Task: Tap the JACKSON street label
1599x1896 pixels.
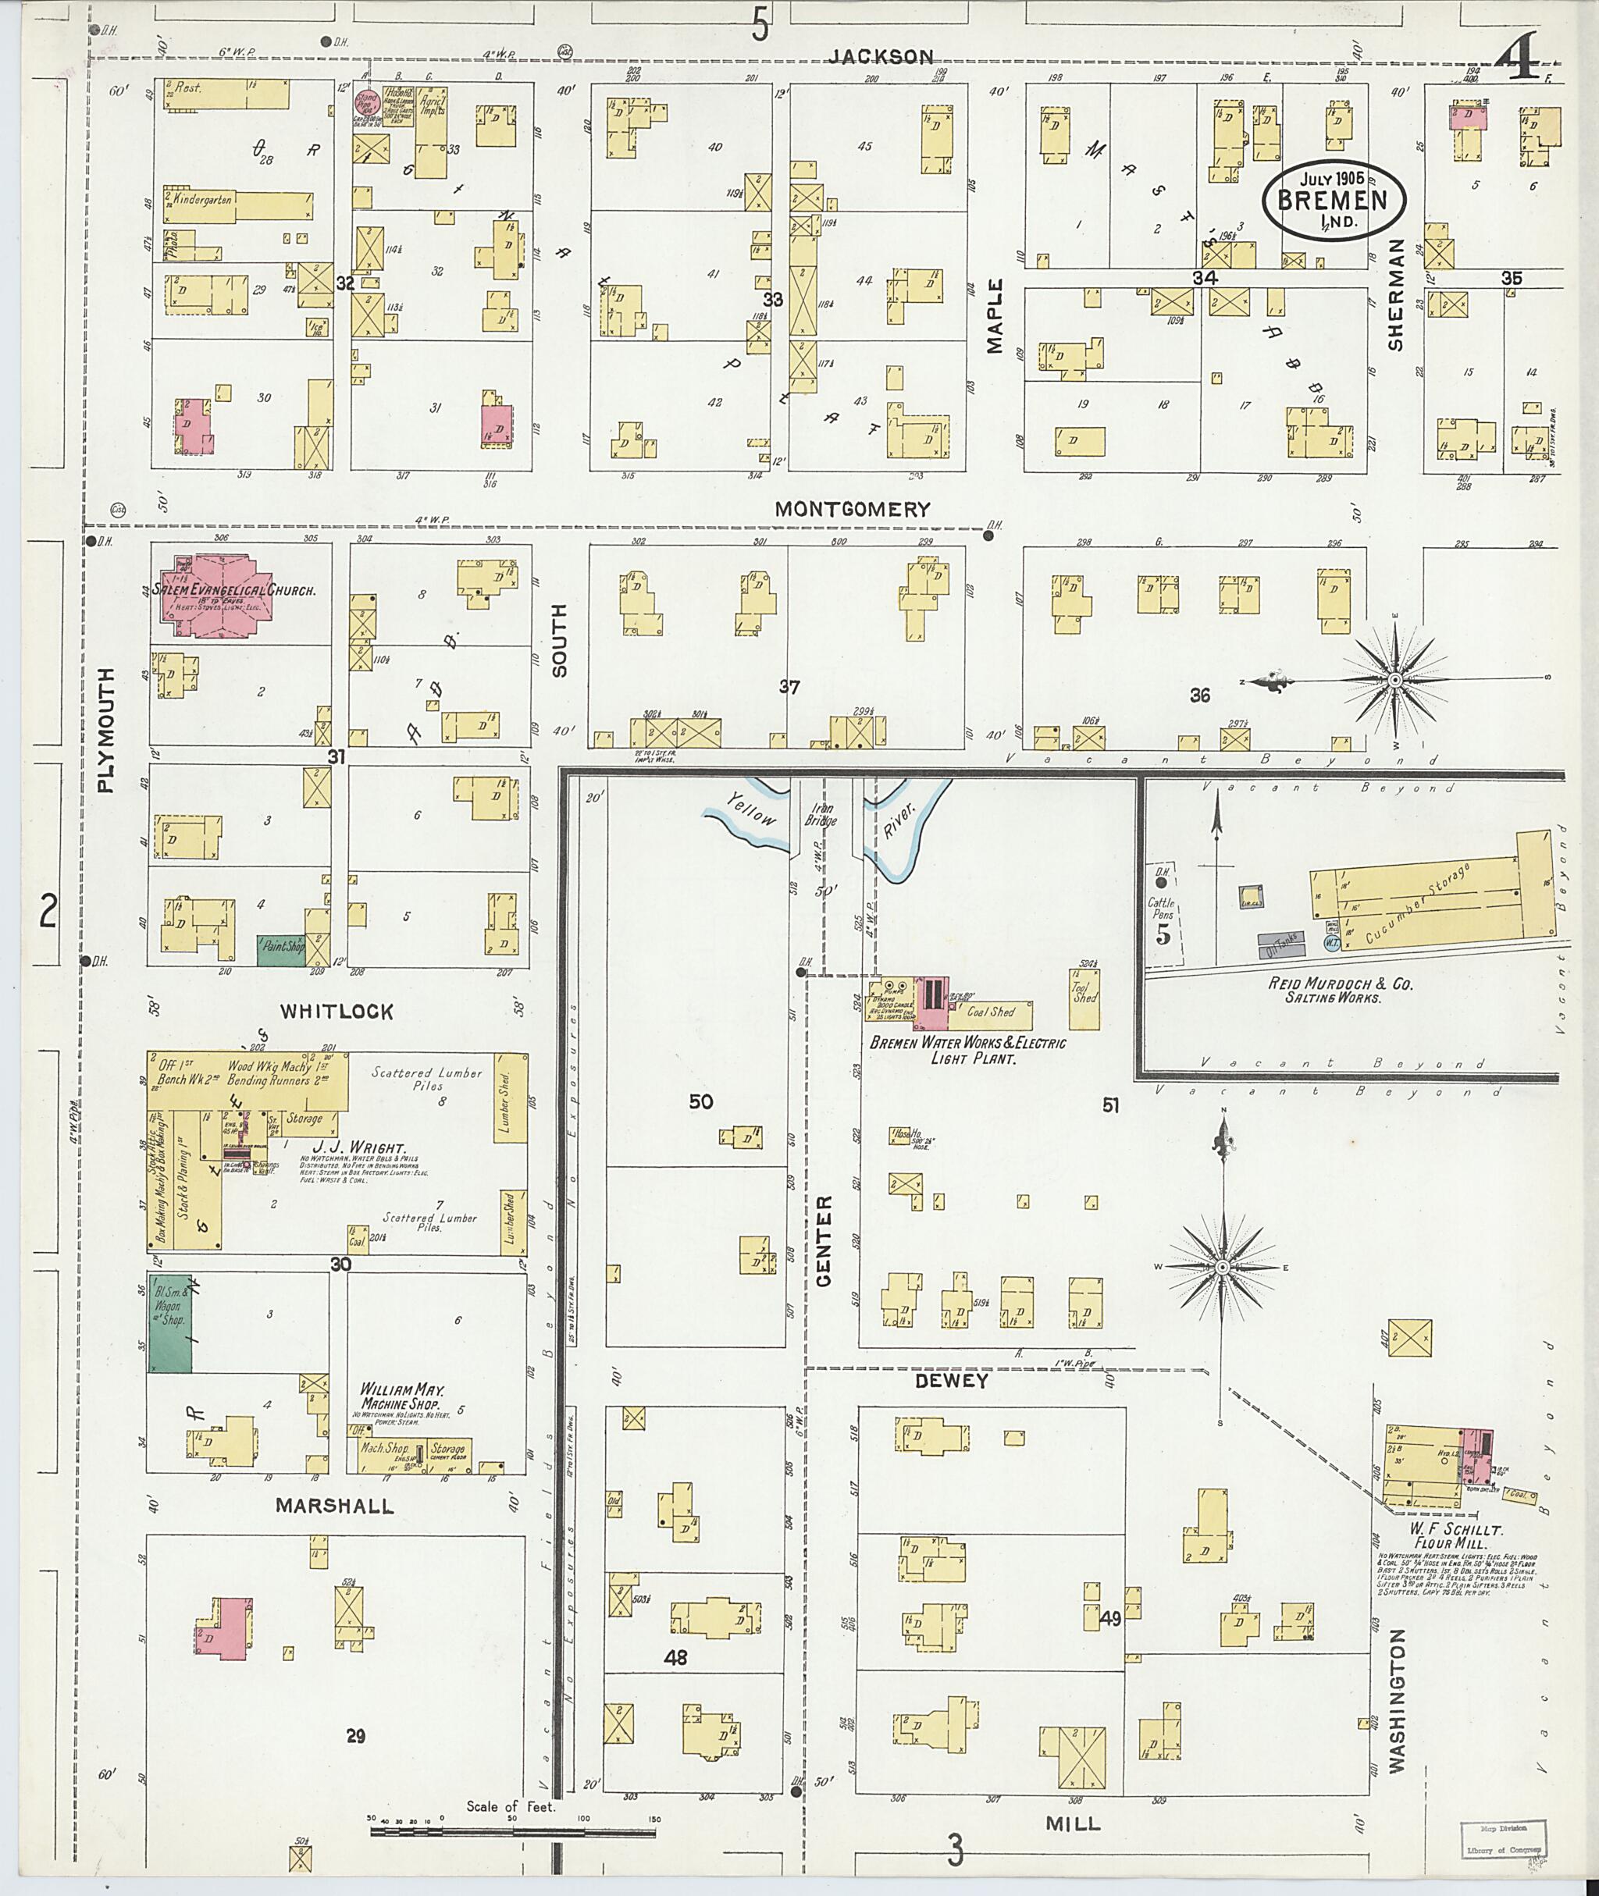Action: pyautogui.click(x=880, y=56)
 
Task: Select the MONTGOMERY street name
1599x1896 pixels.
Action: pyautogui.click(x=852, y=510)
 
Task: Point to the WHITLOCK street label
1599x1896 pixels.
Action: pyautogui.click(x=337, y=1012)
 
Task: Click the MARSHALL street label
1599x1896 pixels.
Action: pyautogui.click(x=336, y=1506)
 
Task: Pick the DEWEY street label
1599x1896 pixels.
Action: pyautogui.click(x=952, y=1380)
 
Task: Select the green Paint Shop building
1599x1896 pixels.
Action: pyautogui.click(x=281, y=949)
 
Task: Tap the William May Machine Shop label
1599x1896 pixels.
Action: pyautogui.click(x=401, y=1396)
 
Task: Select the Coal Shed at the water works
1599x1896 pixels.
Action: pyautogui.click(x=990, y=1012)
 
